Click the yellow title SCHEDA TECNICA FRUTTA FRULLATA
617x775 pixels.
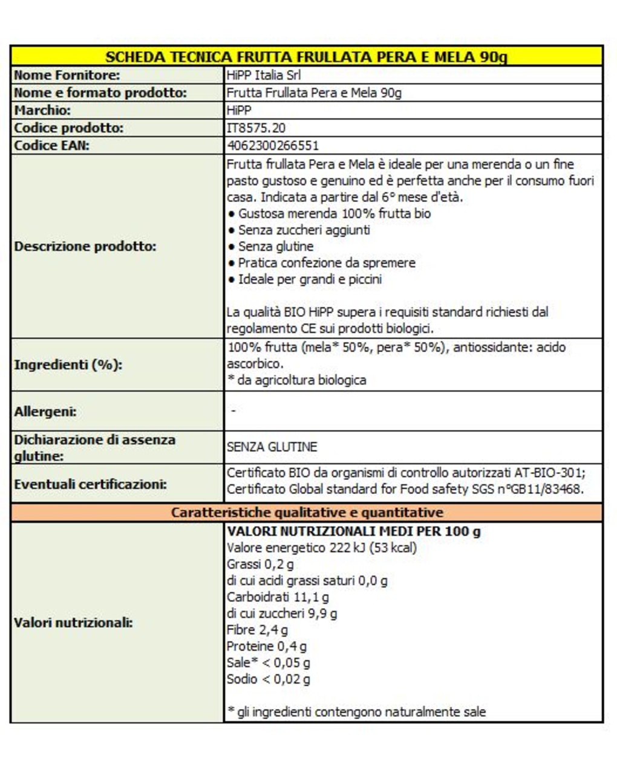(x=306, y=57)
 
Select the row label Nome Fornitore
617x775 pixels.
(x=67, y=75)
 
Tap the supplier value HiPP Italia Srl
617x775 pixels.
(x=263, y=75)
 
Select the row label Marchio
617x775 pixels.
(x=42, y=110)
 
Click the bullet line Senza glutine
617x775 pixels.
(x=275, y=246)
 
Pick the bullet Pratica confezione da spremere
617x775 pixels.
(x=326, y=263)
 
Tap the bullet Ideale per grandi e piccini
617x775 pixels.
(x=309, y=279)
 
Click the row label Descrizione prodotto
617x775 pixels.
(x=85, y=246)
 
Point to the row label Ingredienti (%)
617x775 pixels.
(x=68, y=365)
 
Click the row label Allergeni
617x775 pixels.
(x=45, y=411)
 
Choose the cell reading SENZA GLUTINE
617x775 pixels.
(x=272, y=447)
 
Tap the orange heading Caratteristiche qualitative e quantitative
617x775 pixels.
(x=307, y=513)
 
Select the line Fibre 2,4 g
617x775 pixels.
(x=257, y=630)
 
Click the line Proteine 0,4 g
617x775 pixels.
(x=266, y=646)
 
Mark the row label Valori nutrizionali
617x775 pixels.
(x=73, y=622)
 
